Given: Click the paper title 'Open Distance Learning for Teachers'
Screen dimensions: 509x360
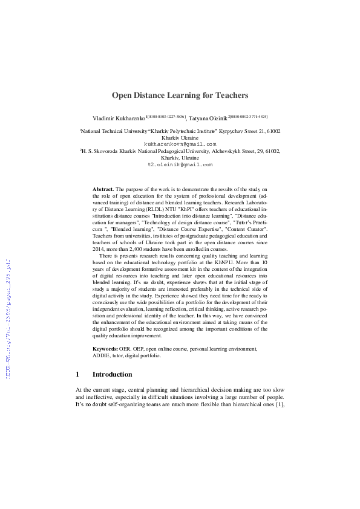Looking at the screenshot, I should pyautogui.click(x=180, y=95).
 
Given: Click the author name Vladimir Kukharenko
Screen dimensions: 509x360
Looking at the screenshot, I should pyautogui.click(x=119, y=117).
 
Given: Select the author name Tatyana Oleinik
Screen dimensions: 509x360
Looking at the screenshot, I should pyautogui.click(x=208, y=117).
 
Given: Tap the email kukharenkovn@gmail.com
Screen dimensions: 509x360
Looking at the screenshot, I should pyautogui.click(x=180, y=144).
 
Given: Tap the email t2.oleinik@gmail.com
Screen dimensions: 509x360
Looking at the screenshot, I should pyautogui.click(x=180, y=164).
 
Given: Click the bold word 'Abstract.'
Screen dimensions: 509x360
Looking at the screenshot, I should pyautogui.click(x=103, y=189).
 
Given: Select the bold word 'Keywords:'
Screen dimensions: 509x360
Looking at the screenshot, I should pyautogui.click(x=105, y=349).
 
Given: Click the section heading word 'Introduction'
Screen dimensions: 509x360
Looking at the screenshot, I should pyautogui.click(x=112, y=374).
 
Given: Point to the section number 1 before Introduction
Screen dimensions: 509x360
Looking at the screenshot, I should pyautogui.click(x=77, y=374).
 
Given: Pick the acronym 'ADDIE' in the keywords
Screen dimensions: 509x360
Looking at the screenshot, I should pyautogui.click(x=102, y=355).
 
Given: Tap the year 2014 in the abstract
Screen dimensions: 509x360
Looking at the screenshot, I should pyautogui.click(x=99, y=248).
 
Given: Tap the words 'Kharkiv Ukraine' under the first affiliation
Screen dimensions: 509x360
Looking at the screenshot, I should pyautogui.click(x=180, y=137).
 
